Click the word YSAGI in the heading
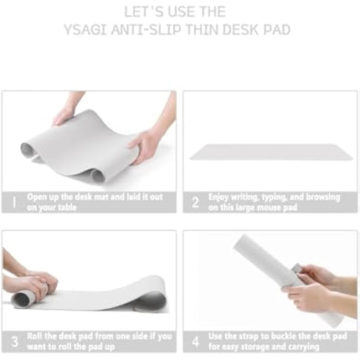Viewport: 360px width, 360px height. click(86, 30)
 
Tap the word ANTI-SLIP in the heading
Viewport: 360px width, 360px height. click(146, 30)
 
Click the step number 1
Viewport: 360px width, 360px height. click(13, 202)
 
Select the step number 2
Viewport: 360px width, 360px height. click(195, 202)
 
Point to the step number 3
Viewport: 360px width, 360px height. click(13, 341)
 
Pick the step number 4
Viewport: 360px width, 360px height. click(195, 341)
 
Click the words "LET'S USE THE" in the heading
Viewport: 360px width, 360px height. click(179, 12)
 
